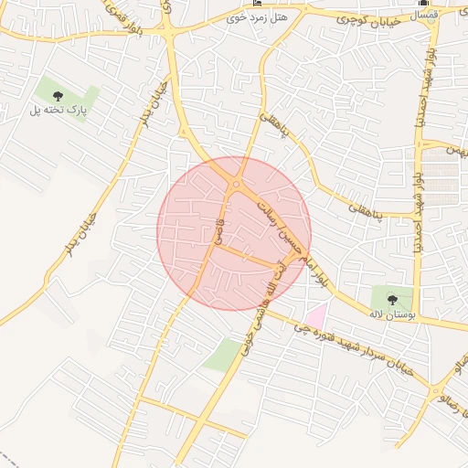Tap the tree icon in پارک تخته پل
58,95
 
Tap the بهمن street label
456,148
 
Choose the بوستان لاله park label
392,314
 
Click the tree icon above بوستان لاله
393,298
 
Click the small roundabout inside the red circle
236,186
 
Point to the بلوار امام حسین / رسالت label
288,236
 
